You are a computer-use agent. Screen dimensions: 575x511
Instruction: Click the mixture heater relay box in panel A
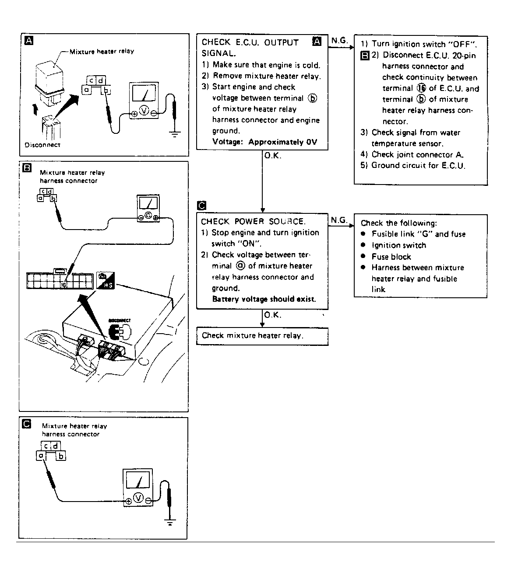49,77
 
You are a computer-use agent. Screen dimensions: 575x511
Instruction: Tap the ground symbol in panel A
175,133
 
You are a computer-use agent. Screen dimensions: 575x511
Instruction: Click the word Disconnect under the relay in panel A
42,145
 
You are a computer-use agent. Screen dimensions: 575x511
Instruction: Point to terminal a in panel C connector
41,456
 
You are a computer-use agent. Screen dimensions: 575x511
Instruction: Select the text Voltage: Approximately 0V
264,142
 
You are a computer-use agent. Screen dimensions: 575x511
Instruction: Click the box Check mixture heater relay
262,336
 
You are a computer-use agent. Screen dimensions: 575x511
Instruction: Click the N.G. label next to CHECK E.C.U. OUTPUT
339,41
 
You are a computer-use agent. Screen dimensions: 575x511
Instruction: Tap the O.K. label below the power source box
272,315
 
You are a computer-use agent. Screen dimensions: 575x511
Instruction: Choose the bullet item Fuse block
391,257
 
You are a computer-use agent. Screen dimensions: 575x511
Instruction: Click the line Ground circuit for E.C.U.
418,165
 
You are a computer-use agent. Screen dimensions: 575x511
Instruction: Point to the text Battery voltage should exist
264,299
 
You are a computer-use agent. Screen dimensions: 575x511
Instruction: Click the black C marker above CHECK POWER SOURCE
202,206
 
